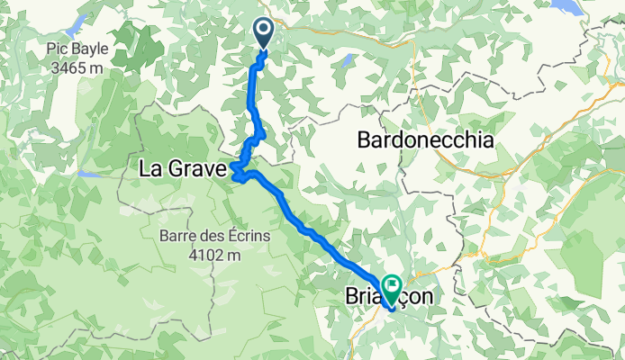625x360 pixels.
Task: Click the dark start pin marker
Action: tap(264, 33)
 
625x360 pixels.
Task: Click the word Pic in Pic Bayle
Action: tap(61, 49)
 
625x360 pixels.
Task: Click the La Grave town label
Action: tap(182, 168)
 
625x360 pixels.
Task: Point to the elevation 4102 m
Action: tap(213, 255)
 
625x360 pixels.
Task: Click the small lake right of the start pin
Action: tap(348, 60)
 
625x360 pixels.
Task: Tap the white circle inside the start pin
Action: tap(264, 30)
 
